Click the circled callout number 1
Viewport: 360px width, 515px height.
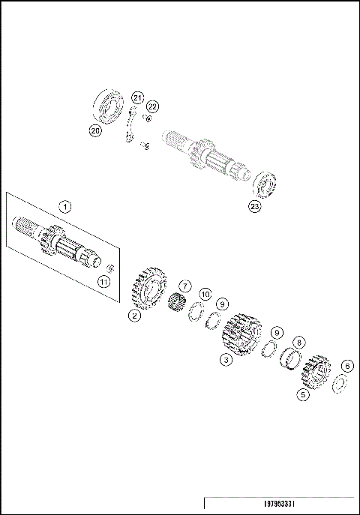pyautogui.click(x=65, y=205)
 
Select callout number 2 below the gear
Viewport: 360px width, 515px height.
pyautogui.click(x=133, y=316)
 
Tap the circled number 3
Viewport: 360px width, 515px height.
pyautogui.click(x=224, y=360)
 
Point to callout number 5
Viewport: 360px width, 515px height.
pyautogui.click(x=303, y=394)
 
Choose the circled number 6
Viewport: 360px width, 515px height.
pyautogui.click(x=346, y=366)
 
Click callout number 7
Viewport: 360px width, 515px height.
pyautogui.click(x=185, y=286)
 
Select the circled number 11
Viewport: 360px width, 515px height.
pyautogui.click(x=104, y=281)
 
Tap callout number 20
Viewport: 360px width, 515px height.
pyautogui.click(x=95, y=130)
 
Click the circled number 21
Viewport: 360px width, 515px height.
pyautogui.click(x=136, y=97)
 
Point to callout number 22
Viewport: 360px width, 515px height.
pyautogui.click(x=153, y=106)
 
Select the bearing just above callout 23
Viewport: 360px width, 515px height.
pyautogui.click(x=264, y=184)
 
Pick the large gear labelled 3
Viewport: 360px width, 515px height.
pyautogui.click(x=241, y=334)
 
